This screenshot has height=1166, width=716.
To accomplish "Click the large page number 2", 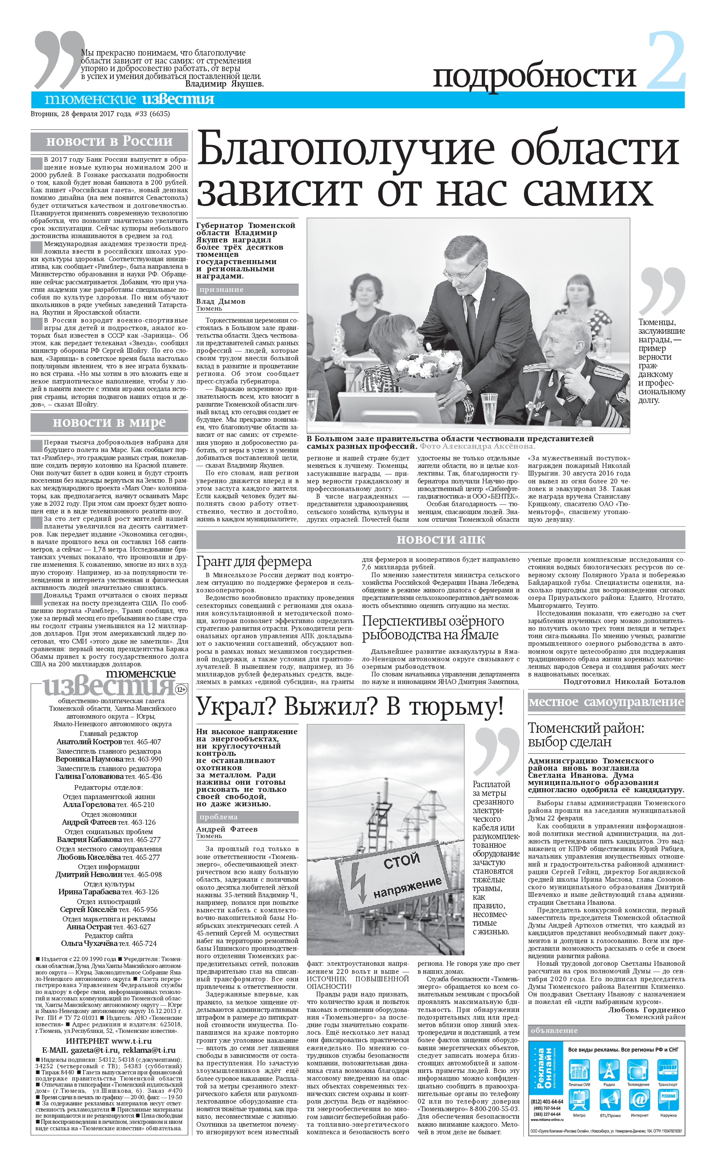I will coord(666,60).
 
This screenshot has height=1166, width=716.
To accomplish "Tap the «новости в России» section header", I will coord(109,141).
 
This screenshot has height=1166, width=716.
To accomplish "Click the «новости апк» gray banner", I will coord(440,539).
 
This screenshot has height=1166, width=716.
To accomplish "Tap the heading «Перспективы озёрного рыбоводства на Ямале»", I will coord(433,628).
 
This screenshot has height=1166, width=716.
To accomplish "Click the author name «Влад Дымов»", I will coord(221,301).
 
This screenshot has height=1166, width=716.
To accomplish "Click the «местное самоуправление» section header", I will coord(606,702).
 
